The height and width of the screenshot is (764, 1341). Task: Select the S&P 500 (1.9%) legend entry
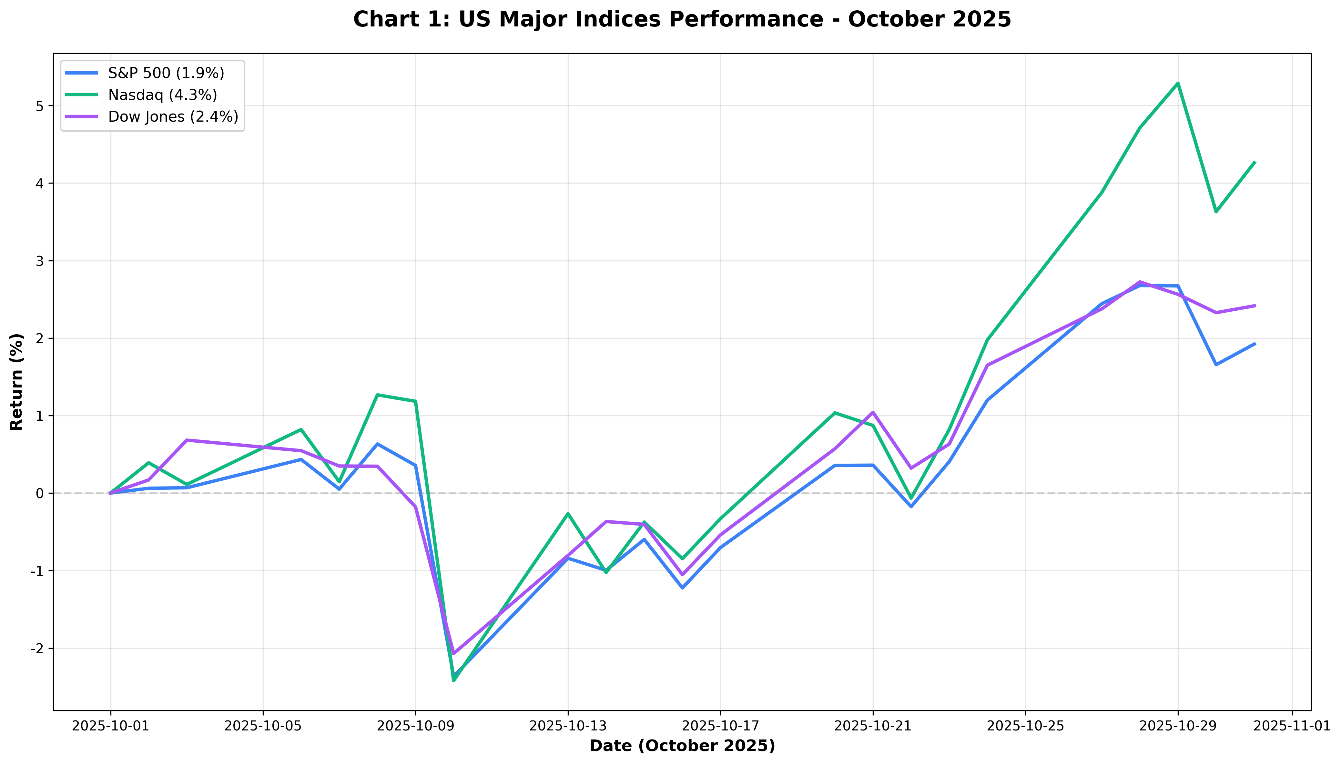pos(166,73)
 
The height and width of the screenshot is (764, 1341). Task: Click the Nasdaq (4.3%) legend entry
pos(162,95)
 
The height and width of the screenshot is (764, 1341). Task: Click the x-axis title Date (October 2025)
pos(682,746)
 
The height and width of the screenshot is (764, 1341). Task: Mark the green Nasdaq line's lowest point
pos(453,680)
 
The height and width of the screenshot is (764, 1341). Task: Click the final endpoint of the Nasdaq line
pos(1255,162)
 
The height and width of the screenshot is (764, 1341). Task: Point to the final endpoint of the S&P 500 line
pos(1255,344)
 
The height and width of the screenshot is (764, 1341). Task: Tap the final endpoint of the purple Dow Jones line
pos(1255,306)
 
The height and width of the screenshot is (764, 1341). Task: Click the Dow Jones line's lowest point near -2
pos(453,654)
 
